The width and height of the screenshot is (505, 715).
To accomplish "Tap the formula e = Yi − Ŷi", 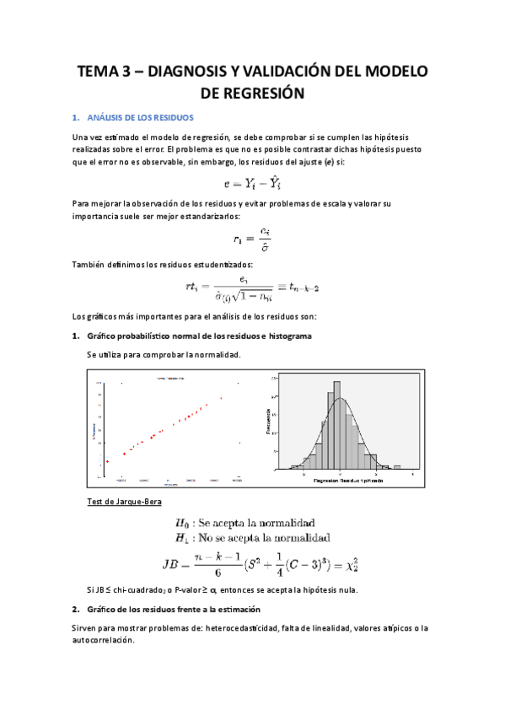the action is [251, 180].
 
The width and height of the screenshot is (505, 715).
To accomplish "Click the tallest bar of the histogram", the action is [338, 422].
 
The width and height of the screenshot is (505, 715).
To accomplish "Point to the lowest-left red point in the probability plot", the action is [107, 462].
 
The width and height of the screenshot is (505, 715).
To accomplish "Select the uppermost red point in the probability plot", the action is [221, 398].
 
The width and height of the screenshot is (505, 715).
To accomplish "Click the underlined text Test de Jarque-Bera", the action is [124, 503].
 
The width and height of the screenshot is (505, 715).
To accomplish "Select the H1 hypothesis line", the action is [251, 537].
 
